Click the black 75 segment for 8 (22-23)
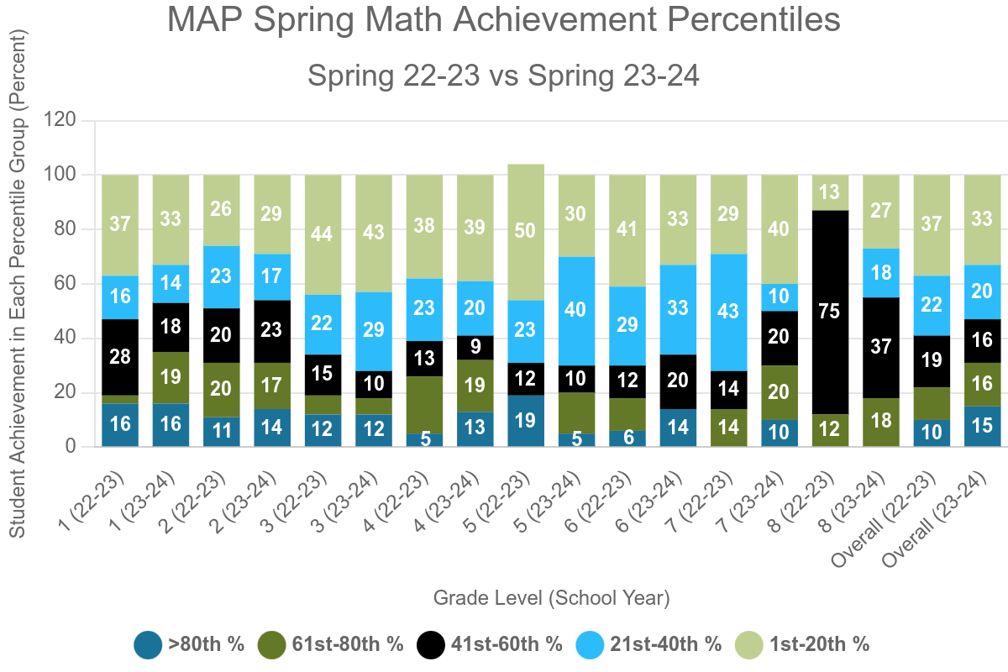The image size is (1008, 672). [829, 312]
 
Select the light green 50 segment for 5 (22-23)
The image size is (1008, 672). [526, 232]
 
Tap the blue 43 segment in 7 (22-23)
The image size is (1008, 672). [728, 312]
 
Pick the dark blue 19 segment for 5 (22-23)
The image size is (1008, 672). [526, 421]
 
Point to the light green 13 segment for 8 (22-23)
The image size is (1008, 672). [829, 192]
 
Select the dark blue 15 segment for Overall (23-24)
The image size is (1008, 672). [981, 426]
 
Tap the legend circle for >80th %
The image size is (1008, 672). [148, 644]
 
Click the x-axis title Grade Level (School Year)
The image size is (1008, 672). [551, 598]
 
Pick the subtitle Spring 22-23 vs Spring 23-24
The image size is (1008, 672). [504, 76]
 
